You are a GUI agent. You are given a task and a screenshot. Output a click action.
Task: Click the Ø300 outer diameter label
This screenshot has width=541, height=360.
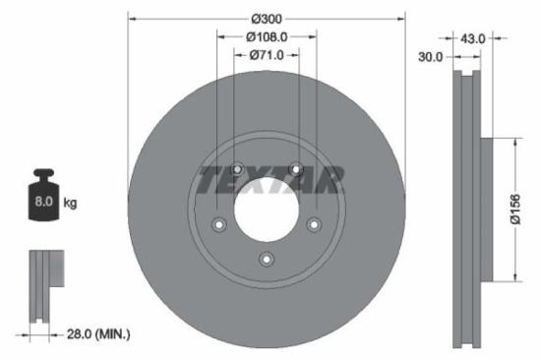266,19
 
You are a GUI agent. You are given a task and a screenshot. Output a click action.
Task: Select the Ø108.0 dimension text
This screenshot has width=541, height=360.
266,36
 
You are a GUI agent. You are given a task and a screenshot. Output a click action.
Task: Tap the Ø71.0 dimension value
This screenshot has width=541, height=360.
266,55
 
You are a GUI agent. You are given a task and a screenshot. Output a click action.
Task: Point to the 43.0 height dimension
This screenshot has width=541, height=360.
474,38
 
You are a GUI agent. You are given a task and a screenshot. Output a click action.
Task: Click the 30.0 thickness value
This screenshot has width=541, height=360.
429,56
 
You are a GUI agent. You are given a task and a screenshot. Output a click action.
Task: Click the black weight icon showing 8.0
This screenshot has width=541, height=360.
43,198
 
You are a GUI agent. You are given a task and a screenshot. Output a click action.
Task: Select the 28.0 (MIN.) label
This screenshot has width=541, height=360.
93,334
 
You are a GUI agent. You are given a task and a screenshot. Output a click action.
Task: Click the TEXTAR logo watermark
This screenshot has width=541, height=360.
270,180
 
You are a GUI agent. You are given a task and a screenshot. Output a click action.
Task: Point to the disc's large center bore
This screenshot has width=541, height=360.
266,209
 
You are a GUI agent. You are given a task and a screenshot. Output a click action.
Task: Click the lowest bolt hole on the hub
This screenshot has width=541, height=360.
266,260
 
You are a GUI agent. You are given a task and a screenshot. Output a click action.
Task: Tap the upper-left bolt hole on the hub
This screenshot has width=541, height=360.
237,168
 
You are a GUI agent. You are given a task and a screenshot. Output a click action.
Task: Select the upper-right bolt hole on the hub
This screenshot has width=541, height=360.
295,168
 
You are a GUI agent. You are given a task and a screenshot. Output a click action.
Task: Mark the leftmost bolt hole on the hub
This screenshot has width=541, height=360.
218,224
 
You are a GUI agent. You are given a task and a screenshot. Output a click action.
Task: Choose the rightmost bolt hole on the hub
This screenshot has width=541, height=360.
314,224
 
